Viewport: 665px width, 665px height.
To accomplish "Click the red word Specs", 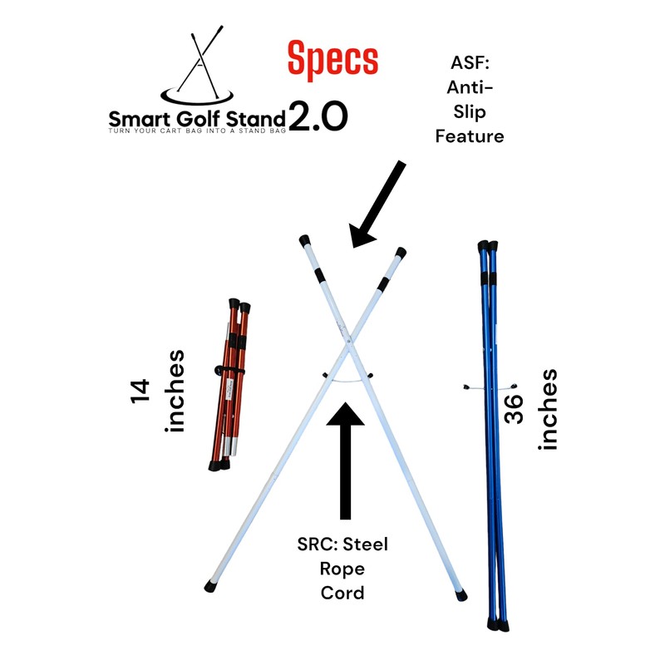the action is point(332,61).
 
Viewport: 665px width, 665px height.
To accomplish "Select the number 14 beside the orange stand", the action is point(140,392).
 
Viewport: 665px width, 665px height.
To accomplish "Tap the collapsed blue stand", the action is point(492,432).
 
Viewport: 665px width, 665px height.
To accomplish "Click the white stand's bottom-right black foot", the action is point(461,595).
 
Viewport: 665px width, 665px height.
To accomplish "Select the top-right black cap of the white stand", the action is point(401,252).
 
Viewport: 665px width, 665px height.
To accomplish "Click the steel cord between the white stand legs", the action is point(346,379).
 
